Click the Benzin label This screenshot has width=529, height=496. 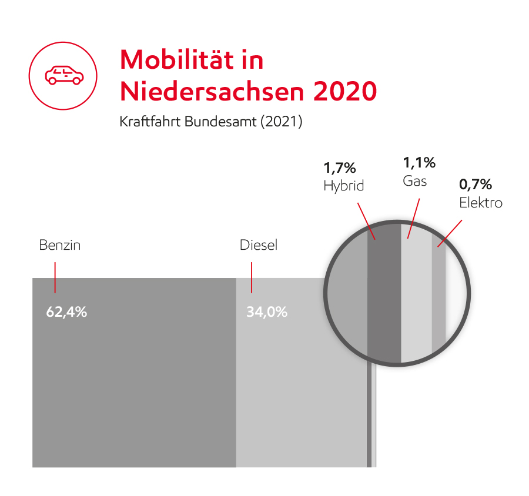pos(59,245)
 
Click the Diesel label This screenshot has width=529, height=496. pos(258,245)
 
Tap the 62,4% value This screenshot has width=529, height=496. pos(66,312)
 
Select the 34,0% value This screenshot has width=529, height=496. pos(267,312)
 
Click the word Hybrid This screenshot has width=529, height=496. pos(344,186)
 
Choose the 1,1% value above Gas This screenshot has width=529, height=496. pos(418,163)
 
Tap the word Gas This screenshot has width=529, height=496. pos(414,180)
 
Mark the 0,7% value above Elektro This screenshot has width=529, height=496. pos(475,185)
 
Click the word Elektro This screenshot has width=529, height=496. pos(481,203)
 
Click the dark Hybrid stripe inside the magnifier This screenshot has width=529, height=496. pos(384,294)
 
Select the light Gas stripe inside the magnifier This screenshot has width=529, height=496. pos(416,294)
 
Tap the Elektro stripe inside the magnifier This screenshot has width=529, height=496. pos(439,294)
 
